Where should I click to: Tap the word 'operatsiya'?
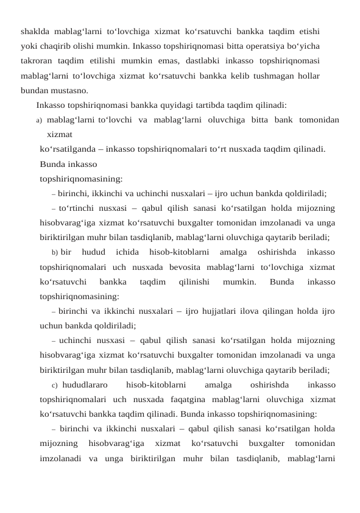tap(270, 45)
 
